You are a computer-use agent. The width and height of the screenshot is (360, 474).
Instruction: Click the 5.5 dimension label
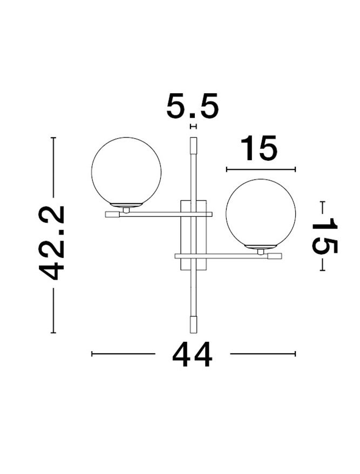(192, 106)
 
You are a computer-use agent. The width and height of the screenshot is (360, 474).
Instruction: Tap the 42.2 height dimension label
(51, 243)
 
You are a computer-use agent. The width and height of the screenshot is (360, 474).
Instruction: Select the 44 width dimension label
(192, 354)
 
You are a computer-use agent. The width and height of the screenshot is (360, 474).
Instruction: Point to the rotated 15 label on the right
(324, 236)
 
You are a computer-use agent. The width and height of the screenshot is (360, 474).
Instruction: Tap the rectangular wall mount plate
(194, 235)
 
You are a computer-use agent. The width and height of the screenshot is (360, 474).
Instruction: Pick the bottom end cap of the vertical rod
(193, 325)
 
